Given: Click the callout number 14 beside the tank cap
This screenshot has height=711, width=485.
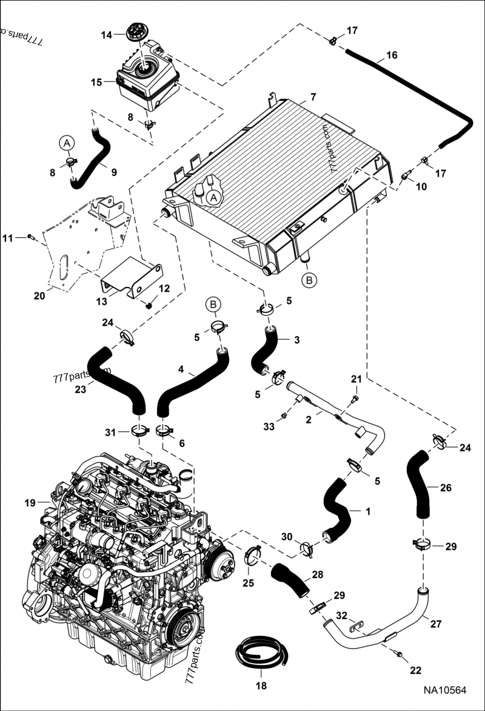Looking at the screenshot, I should tap(106, 35).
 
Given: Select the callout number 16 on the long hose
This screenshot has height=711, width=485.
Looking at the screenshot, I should tap(392, 55).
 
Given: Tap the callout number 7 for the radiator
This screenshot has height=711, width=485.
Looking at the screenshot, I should tap(313, 97).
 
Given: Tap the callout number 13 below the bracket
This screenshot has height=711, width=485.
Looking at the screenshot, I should tap(102, 302).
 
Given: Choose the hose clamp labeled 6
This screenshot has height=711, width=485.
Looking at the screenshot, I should tap(164, 432).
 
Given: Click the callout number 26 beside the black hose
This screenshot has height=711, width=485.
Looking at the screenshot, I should tap(446, 487).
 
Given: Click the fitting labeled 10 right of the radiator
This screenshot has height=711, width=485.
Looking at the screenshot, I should tap(406, 176).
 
